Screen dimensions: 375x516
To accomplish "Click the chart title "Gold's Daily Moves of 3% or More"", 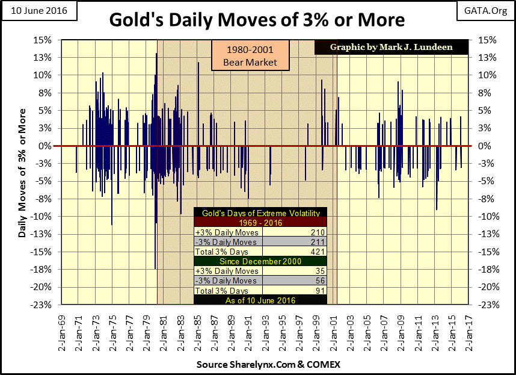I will [257, 20].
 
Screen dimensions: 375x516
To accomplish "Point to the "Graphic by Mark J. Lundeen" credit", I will [392, 47].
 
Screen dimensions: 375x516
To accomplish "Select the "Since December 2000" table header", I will [259, 261].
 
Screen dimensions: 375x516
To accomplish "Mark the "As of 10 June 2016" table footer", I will [259, 300].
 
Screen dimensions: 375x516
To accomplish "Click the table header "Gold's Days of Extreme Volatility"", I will [259, 213].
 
